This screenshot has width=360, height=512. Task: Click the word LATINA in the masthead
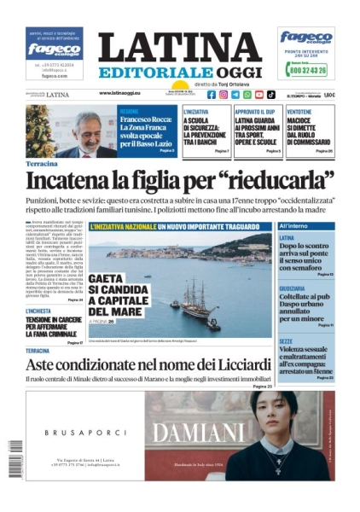point(180,48)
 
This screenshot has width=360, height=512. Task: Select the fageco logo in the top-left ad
point(54,49)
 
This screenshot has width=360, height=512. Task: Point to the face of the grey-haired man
point(87,131)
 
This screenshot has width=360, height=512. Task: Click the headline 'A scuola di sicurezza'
point(206,127)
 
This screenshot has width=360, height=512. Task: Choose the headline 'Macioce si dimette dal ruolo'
point(309,127)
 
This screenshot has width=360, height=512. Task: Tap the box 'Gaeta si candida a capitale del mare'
point(116,294)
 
